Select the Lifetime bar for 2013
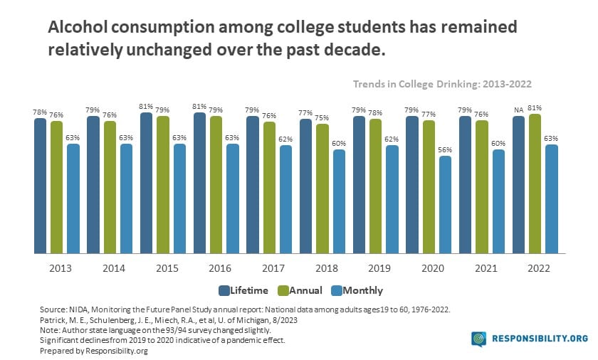[41, 186]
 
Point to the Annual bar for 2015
[163, 184]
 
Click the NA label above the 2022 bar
[518, 110]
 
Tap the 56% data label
[445, 150]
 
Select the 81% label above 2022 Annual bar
[535, 108]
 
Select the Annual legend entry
[300, 290]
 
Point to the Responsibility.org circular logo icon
[478, 339]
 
